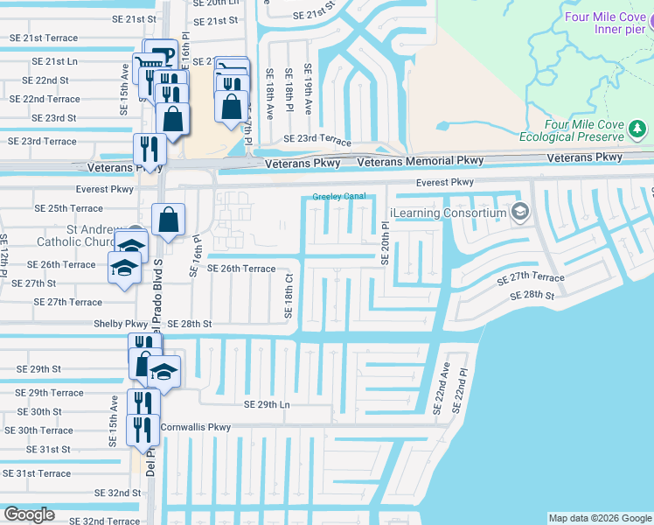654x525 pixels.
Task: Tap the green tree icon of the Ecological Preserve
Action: (638, 129)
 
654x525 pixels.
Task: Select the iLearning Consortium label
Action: (449, 213)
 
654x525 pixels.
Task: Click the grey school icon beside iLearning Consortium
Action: (520, 212)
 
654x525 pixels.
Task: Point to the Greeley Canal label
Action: (339, 197)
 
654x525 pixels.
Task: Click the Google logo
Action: (29, 514)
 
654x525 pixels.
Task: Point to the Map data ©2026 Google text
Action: (599, 518)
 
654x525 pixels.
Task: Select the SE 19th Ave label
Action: (308, 89)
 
